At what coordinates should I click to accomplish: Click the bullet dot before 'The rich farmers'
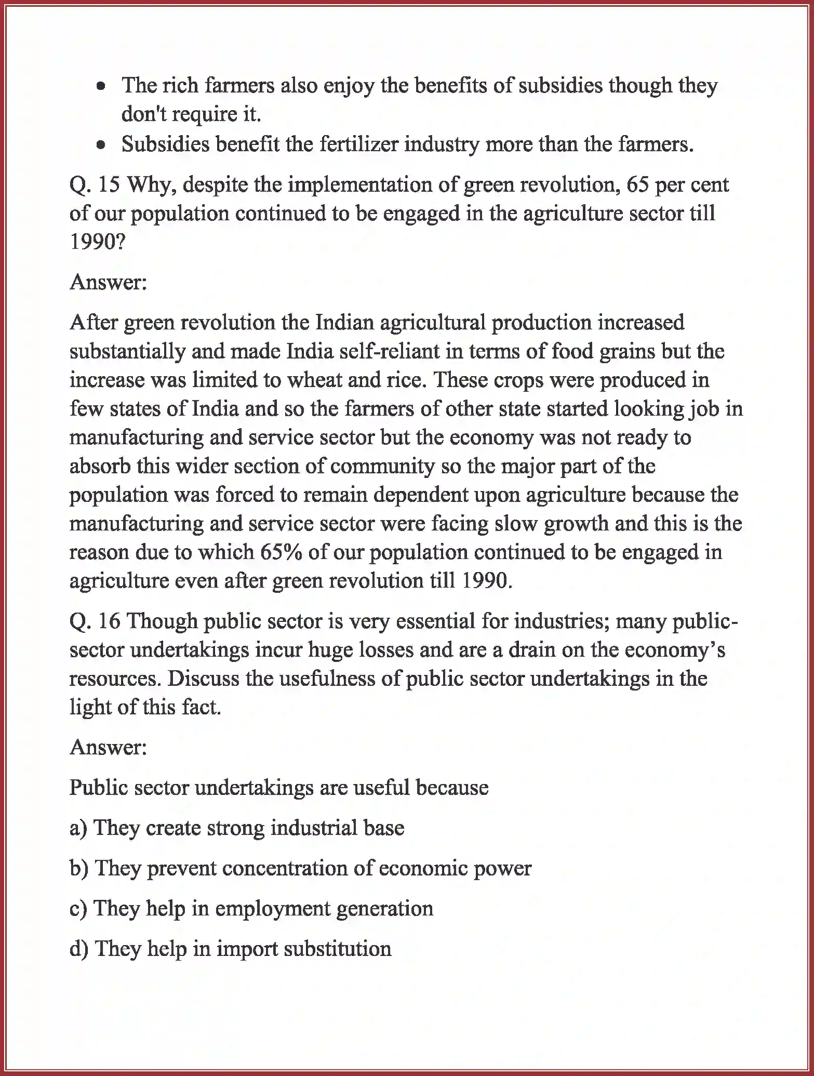(102, 86)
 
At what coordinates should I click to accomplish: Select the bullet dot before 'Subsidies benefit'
(102, 145)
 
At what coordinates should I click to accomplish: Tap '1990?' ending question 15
(98, 242)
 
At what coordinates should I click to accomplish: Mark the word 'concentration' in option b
(285, 869)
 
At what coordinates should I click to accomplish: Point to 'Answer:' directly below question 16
(109, 747)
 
